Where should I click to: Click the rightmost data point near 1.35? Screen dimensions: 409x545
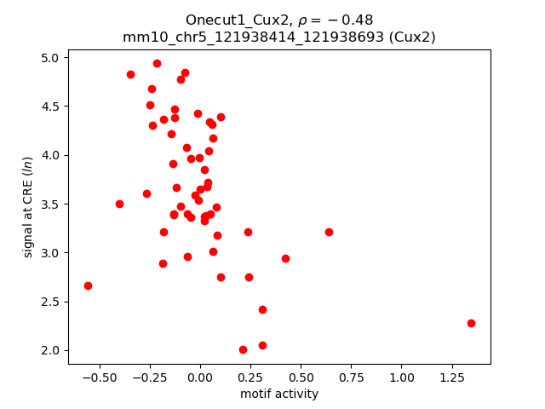point(471,323)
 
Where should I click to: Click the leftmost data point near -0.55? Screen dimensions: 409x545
point(88,285)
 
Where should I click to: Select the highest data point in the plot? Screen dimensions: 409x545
point(157,63)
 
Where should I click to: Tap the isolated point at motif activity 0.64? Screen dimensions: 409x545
point(329,232)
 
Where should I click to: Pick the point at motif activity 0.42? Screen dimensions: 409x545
point(285,258)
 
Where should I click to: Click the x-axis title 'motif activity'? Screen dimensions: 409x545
point(279,394)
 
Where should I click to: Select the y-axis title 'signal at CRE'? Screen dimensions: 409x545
point(28,207)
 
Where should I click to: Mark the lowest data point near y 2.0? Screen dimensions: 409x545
point(243,349)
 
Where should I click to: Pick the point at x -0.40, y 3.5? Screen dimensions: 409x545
point(119,204)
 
